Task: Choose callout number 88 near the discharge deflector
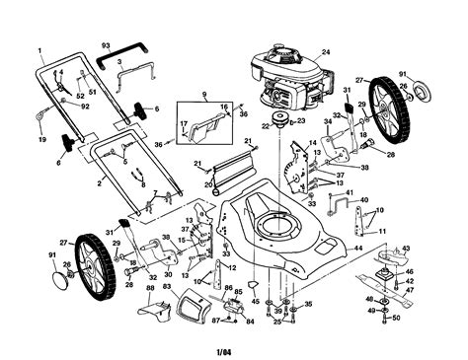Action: point(150,288)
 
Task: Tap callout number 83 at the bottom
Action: point(167,288)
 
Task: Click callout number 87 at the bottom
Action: point(216,322)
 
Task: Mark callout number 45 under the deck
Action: point(253,301)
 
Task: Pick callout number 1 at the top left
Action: point(40,49)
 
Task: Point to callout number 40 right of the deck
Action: point(364,200)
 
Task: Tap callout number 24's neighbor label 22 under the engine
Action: point(266,126)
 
